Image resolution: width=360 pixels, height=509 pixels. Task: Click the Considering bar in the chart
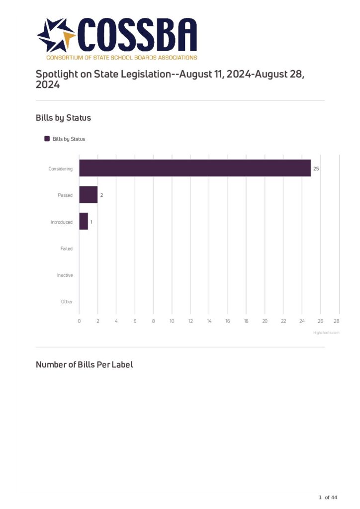click(x=195, y=168)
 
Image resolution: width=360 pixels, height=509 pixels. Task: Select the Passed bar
click(x=89, y=195)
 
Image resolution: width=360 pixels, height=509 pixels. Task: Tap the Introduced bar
click(x=84, y=222)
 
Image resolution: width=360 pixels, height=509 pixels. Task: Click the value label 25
click(x=316, y=169)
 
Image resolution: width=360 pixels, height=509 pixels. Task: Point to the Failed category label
click(x=67, y=249)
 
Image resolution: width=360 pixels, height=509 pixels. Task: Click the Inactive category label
click(x=65, y=275)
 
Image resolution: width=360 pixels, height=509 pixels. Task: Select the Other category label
click(x=67, y=302)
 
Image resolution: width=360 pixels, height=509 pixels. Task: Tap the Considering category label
click(x=61, y=169)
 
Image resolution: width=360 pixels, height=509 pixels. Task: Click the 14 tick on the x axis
click(x=209, y=321)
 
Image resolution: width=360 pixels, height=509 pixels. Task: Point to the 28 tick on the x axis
click(x=337, y=321)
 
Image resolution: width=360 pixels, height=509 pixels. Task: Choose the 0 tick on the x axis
click(x=79, y=321)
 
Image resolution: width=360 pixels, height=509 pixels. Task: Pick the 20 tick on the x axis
click(x=265, y=321)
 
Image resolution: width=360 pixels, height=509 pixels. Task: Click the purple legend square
click(x=47, y=139)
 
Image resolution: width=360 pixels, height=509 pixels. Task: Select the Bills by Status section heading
click(x=63, y=118)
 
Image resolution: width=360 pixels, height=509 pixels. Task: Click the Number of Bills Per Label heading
click(x=85, y=365)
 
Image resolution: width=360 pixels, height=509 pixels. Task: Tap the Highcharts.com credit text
click(x=326, y=333)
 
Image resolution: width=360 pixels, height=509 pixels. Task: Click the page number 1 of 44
click(x=328, y=498)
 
